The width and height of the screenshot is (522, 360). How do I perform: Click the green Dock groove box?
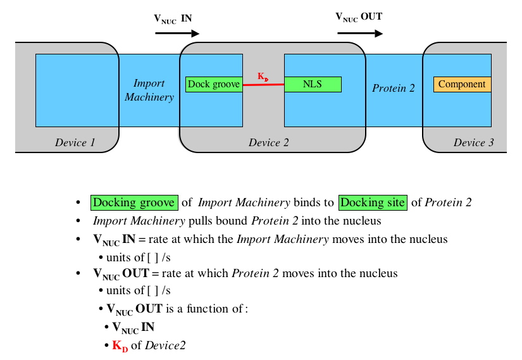(x=214, y=84)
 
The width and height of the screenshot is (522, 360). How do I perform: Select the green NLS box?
(x=313, y=84)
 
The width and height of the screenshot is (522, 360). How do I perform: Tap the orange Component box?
(x=462, y=84)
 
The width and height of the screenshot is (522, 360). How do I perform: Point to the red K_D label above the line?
(x=263, y=77)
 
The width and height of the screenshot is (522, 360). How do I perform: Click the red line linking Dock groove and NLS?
(x=263, y=84)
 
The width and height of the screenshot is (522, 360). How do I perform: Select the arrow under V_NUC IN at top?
(x=177, y=34)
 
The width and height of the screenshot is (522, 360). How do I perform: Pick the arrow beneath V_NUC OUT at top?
(x=360, y=33)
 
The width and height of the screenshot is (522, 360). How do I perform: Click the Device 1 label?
(x=75, y=142)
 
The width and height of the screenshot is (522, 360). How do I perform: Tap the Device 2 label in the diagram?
(x=268, y=142)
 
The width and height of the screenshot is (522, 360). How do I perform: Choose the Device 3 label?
(x=473, y=142)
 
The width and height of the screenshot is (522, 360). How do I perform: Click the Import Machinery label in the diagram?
(x=149, y=90)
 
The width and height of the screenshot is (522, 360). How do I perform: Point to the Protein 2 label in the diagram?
(x=393, y=88)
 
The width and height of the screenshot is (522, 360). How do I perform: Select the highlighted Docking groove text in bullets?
(x=134, y=202)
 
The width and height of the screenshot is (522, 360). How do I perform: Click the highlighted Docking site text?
(x=372, y=202)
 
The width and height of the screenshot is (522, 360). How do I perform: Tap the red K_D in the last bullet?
(x=120, y=346)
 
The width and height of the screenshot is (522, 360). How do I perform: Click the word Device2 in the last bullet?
(x=165, y=345)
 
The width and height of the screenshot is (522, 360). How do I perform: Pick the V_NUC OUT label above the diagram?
(x=358, y=17)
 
